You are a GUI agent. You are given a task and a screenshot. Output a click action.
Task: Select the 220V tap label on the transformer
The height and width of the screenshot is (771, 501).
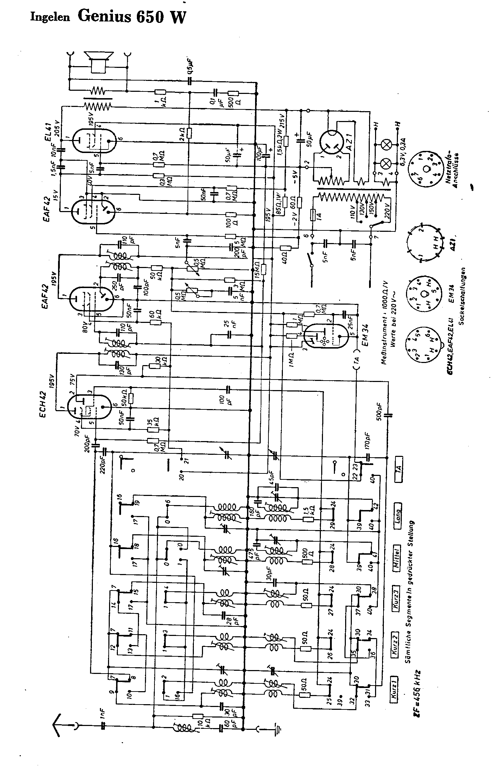387,210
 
